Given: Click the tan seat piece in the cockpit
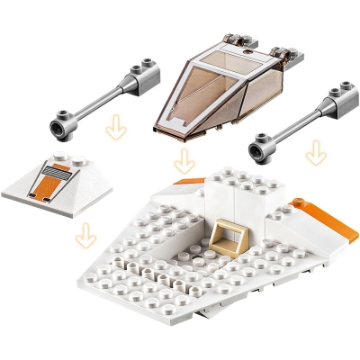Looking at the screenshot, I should pos(230,238).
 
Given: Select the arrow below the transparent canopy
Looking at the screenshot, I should pos(184,162).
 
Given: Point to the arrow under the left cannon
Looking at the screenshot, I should pos(114,130).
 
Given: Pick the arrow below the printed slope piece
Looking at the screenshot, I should pos(85,235).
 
